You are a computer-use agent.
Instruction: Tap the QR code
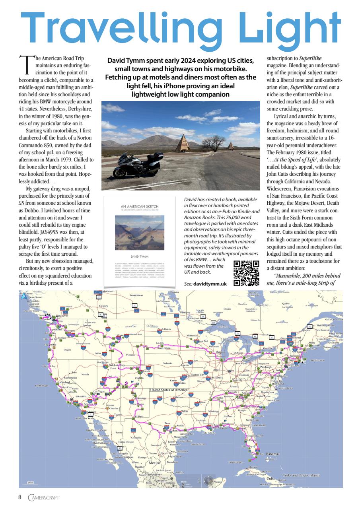(246, 273)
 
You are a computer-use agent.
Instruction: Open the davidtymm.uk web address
(210, 284)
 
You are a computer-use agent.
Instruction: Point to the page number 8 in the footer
(19, 497)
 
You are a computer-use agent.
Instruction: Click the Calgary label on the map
(104, 306)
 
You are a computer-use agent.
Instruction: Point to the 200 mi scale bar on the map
(30, 482)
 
